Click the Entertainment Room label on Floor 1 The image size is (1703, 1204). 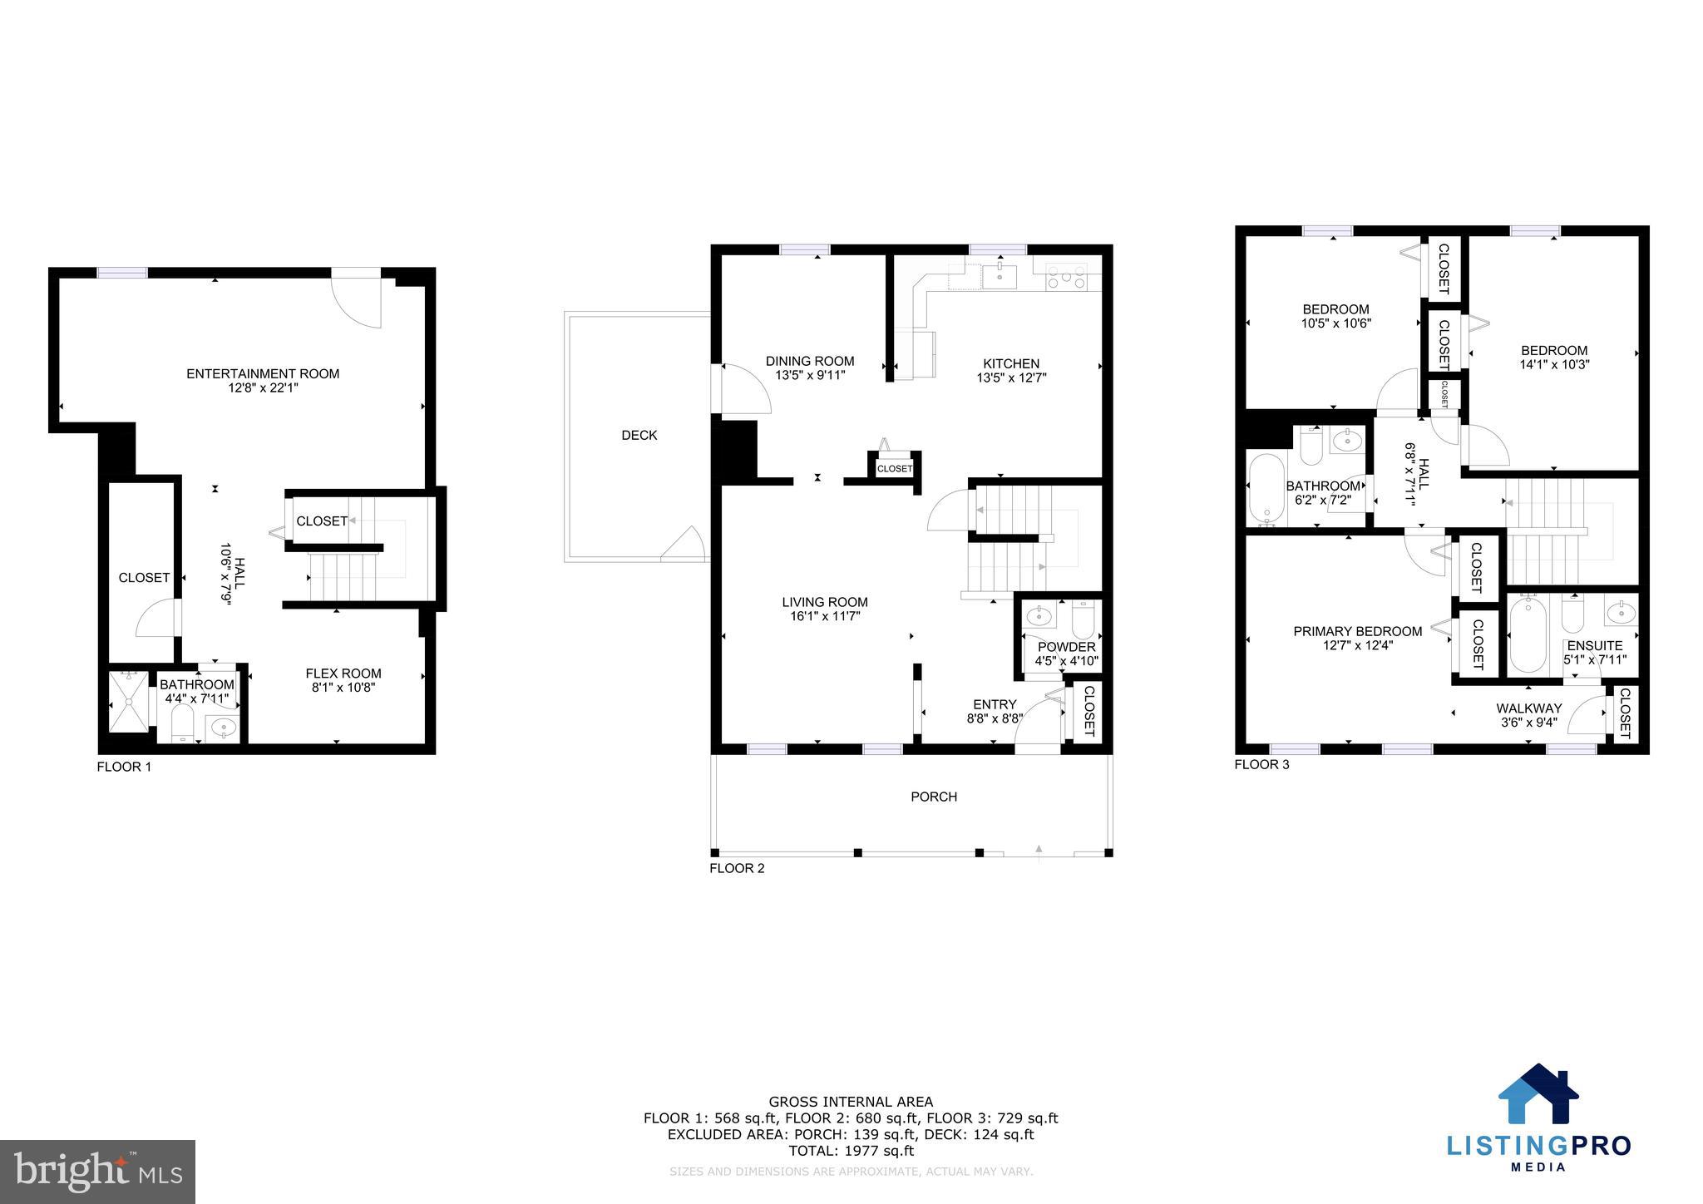click(x=263, y=373)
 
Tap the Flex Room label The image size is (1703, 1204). click(x=343, y=674)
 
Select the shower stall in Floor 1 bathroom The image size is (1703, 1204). click(x=129, y=702)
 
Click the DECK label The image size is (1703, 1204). click(x=639, y=435)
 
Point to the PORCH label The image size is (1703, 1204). click(x=933, y=797)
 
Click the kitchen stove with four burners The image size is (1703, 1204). click(x=1067, y=277)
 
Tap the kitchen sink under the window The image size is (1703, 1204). click(x=999, y=276)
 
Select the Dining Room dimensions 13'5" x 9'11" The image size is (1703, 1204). click(x=810, y=375)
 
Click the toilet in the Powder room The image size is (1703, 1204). click(x=1083, y=619)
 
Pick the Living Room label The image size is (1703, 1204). click(x=824, y=602)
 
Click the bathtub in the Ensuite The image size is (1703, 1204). click(x=1528, y=637)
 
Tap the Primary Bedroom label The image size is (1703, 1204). click(x=1357, y=631)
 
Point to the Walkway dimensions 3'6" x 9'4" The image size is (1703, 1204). click(x=1528, y=723)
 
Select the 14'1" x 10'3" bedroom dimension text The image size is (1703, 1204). click(x=1553, y=364)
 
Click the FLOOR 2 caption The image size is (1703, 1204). click(x=736, y=869)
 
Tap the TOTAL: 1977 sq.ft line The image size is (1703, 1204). click(x=851, y=1151)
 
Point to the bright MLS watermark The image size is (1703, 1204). click(x=97, y=1171)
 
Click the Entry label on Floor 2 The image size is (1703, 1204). click(x=995, y=704)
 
